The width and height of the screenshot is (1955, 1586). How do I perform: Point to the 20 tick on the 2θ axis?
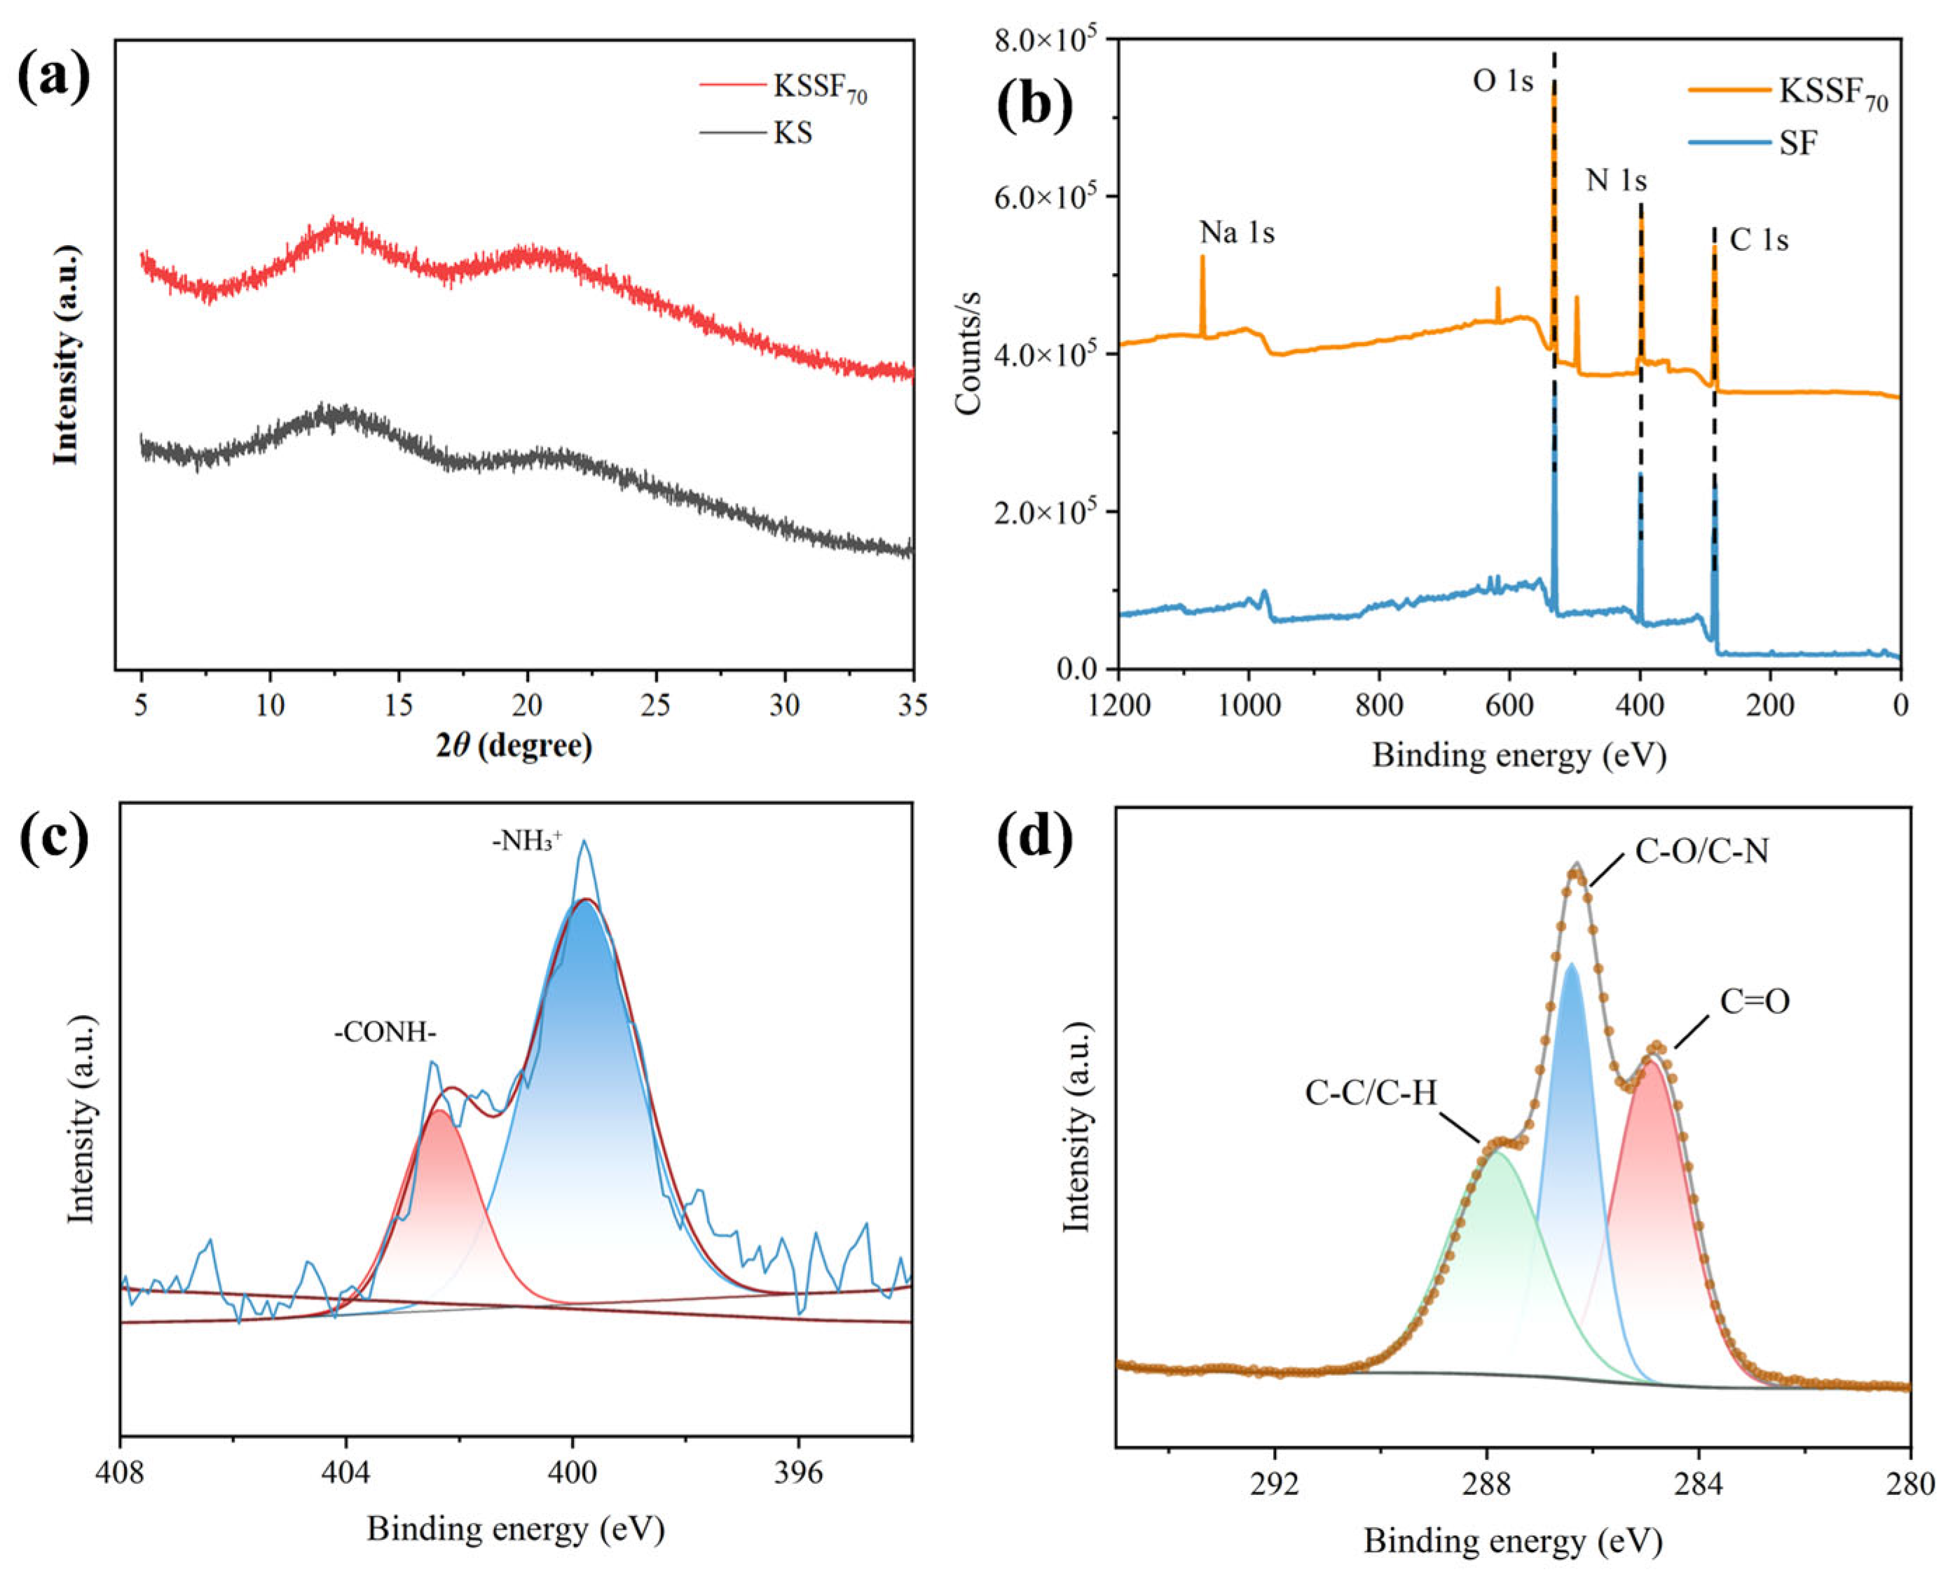[x=526, y=704]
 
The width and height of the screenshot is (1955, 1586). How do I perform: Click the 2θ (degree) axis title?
[x=514, y=746]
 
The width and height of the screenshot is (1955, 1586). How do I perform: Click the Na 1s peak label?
[x=1237, y=233]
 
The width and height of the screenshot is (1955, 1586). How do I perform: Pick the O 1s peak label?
[x=1502, y=81]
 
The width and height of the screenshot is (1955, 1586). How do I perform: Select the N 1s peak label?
[x=1616, y=180]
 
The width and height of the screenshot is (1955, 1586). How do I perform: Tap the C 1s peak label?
[x=1759, y=240]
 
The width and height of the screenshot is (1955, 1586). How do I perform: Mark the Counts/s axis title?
[x=968, y=352]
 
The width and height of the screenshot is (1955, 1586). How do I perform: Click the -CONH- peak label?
[x=385, y=1033]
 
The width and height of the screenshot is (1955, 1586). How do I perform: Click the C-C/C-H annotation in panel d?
[x=1371, y=1093]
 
